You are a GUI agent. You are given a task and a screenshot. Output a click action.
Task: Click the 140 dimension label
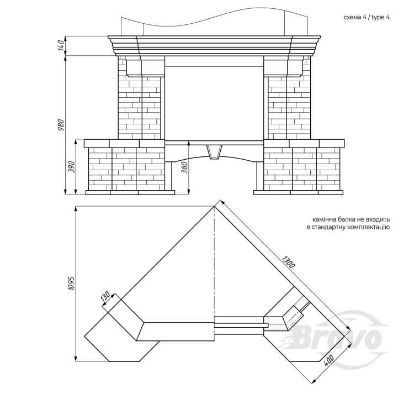[x=61, y=45]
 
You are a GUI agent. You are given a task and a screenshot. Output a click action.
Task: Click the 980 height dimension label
[x=61, y=125]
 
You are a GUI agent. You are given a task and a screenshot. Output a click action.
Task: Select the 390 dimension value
[x=72, y=167]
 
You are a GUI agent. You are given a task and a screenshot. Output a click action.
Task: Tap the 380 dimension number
[x=185, y=167]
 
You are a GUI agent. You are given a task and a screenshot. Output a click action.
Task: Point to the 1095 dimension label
[x=72, y=283]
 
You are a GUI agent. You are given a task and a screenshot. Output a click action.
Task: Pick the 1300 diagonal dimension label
[x=288, y=262]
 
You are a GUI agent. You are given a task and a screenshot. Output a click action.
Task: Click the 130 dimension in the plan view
[x=105, y=297]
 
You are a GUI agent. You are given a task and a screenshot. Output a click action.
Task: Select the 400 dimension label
[x=329, y=360]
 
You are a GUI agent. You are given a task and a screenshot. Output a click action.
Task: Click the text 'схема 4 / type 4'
[x=367, y=18]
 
